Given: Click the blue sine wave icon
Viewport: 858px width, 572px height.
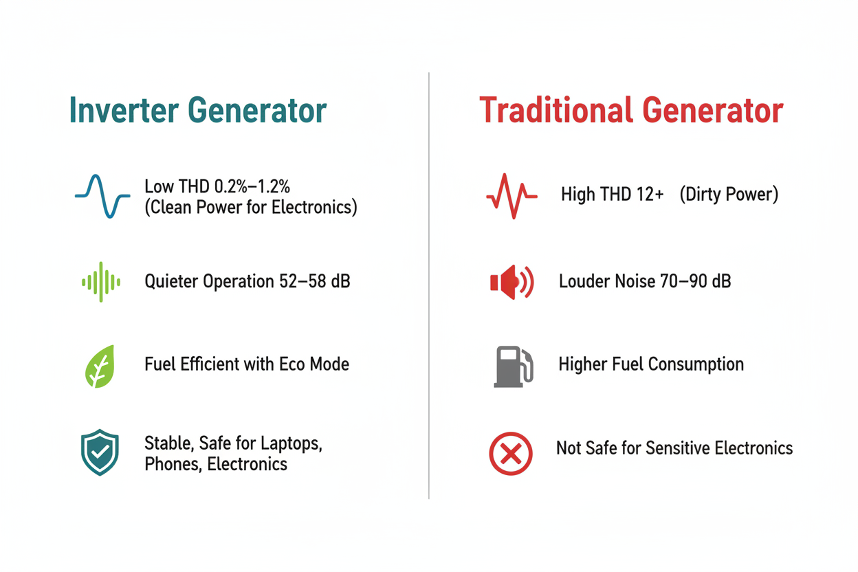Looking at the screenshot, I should click(x=102, y=196).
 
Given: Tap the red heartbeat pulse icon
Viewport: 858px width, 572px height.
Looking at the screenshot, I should click(x=511, y=196).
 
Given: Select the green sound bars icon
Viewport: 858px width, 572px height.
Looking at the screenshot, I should click(x=101, y=282).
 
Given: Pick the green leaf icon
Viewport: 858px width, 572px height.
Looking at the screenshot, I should click(x=100, y=366).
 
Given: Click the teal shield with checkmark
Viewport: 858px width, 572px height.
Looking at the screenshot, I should click(x=100, y=452).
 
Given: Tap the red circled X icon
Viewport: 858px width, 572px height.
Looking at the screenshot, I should click(x=511, y=454).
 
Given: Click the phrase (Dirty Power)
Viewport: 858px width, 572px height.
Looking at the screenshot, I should click(x=729, y=195).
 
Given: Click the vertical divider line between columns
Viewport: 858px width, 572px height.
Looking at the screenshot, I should click(x=429, y=285).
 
